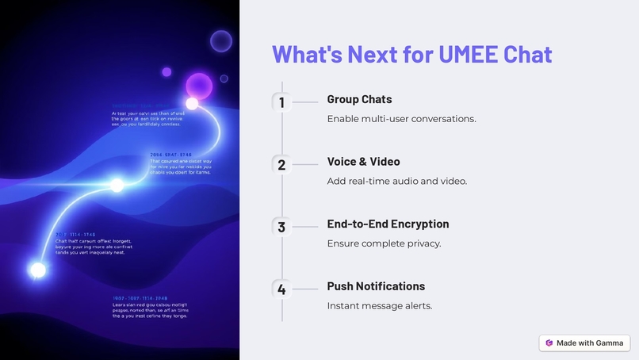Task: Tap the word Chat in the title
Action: [528, 54]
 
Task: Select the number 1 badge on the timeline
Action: [281, 102]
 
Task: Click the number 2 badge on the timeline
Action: [281, 165]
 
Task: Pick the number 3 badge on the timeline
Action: [281, 227]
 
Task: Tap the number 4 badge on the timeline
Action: [281, 289]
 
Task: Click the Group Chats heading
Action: [359, 99]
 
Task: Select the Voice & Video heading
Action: [363, 162]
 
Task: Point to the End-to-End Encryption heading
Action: [388, 224]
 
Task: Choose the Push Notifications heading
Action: [376, 286]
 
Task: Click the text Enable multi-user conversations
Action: [401, 119]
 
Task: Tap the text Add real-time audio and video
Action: [396, 181]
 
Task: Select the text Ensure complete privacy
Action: [384, 243]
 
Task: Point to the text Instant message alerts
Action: [379, 306]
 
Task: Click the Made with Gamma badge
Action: [584, 343]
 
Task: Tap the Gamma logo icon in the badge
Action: [549, 343]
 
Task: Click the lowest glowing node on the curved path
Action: [37, 270]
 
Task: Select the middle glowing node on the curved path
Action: [117, 186]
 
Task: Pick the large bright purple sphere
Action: [198, 86]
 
